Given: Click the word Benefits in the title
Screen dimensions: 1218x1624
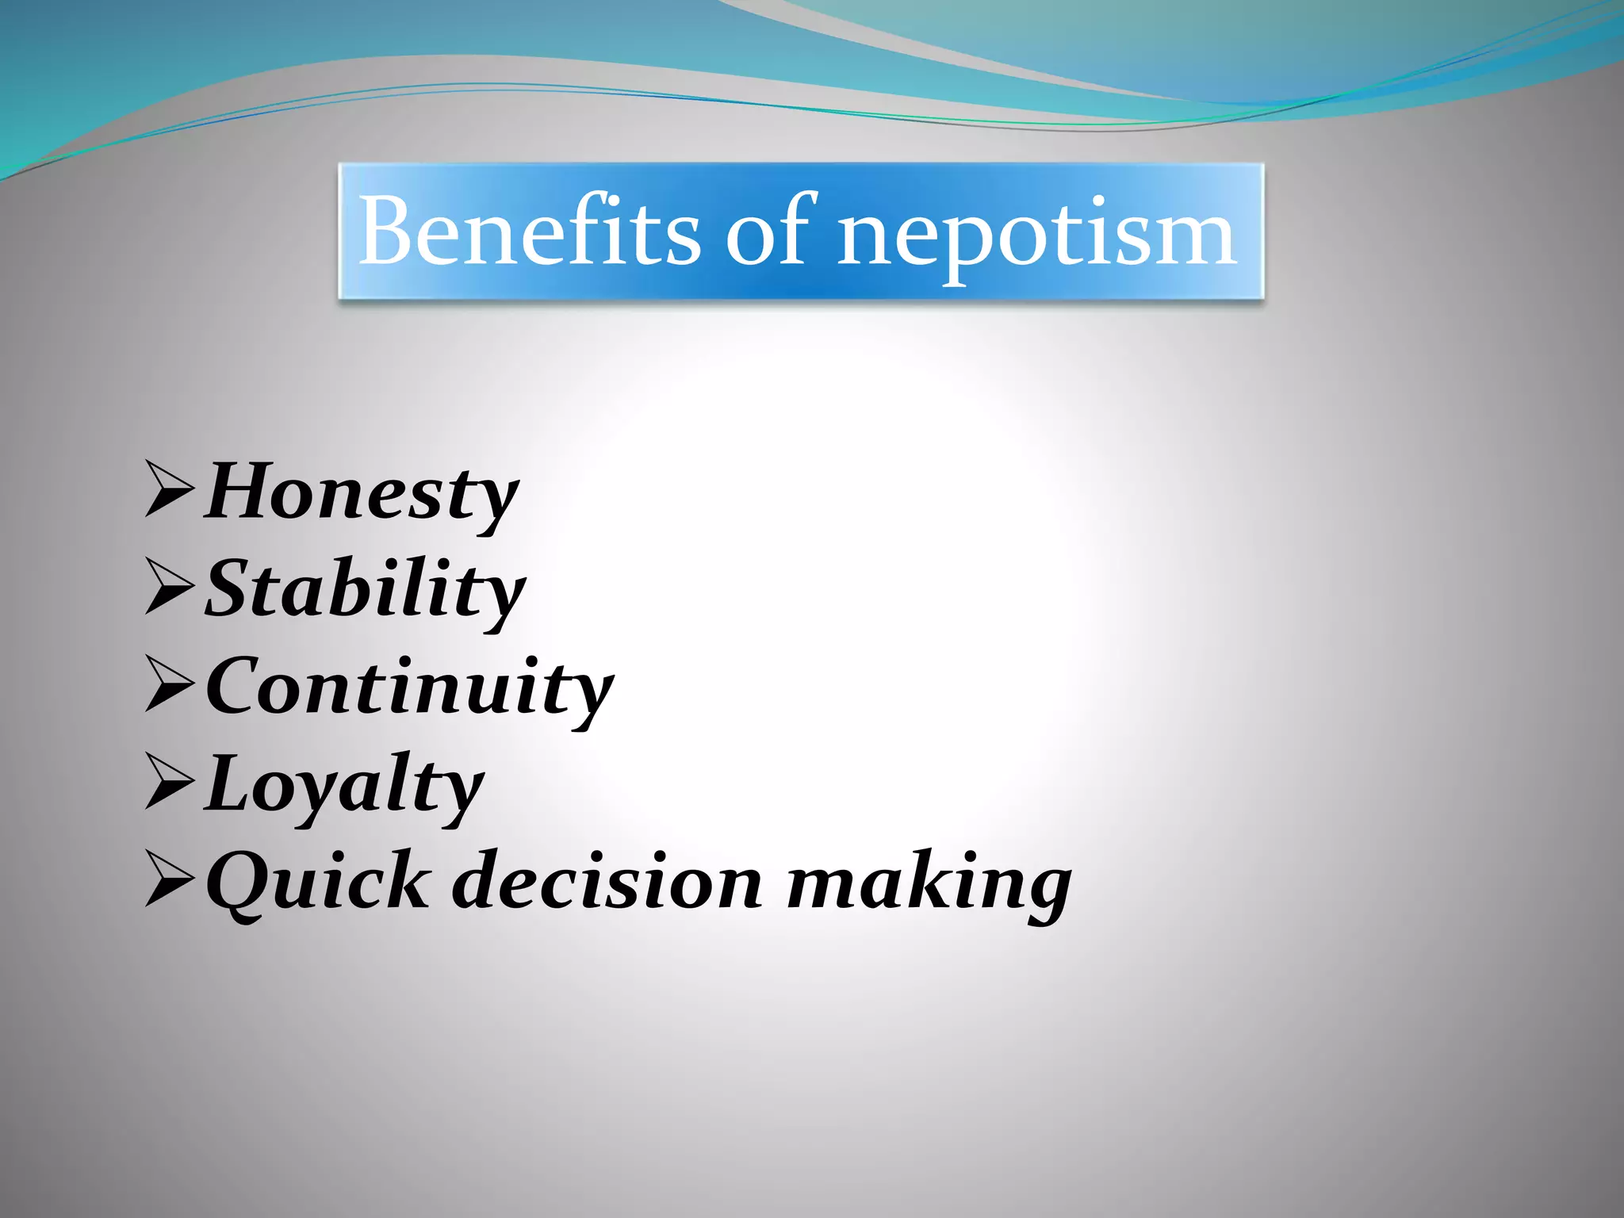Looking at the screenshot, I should [530, 232].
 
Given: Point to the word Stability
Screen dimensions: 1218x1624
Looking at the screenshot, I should [365, 590].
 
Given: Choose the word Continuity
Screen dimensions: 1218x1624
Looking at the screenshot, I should [409, 687].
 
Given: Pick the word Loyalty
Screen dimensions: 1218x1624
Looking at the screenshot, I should [344, 785].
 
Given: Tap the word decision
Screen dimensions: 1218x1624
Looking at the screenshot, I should [607, 880].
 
